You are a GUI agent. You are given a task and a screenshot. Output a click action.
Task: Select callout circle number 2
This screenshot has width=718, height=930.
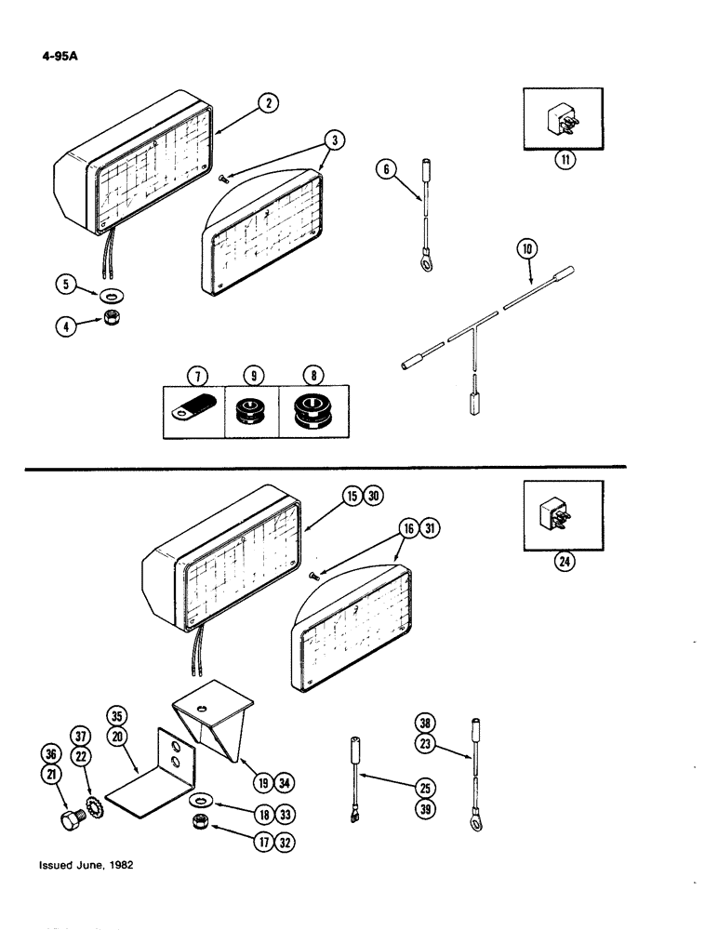[x=267, y=104]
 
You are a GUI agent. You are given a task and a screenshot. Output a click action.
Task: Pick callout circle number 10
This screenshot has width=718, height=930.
[x=526, y=249]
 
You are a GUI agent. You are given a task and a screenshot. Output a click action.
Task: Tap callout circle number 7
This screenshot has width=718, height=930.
[x=196, y=377]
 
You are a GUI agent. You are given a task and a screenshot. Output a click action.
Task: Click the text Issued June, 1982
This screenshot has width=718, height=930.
[x=86, y=864]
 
